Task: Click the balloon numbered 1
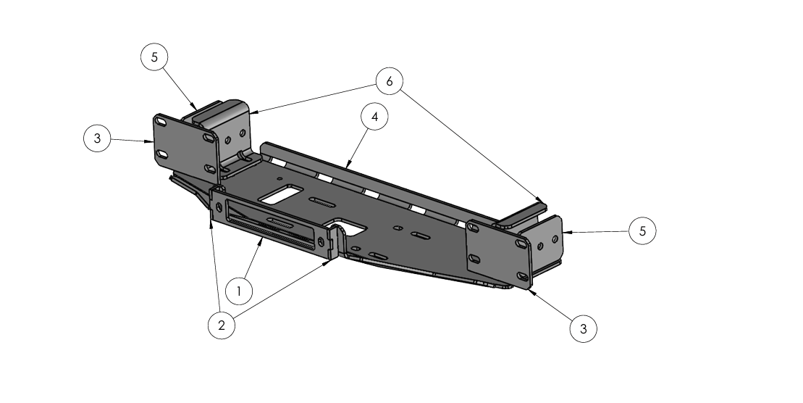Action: pyautogui.click(x=239, y=291)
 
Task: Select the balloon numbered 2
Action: pyautogui.click(x=222, y=325)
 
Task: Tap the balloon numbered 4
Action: pyautogui.click(x=374, y=117)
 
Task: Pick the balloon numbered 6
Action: pyautogui.click(x=390, y=81)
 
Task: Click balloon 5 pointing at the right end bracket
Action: pyautogui.click(x=643, y=230)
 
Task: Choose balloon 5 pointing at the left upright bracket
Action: pyautogui.click(x=155, y=57)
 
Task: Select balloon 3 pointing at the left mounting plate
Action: pyautogui.click(x=97, y=138)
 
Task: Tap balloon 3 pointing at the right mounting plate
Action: pyautogui.click(x=584, y=328)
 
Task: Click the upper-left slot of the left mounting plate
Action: pyautogui.click(x=161, y=122)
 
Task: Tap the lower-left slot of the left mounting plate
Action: pyautogui.click(x=161, y=154)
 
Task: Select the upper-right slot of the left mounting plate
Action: pyautogui.click(x=209, y=138)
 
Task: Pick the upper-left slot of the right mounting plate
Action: pyautogui.click(x=473, y=226)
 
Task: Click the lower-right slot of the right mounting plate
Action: pyautogui.click(x=522, y=277)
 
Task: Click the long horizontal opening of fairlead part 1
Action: pyautogui.click(x=270, y=226)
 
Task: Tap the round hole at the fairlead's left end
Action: pyautogui.click(x=219, y=207)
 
